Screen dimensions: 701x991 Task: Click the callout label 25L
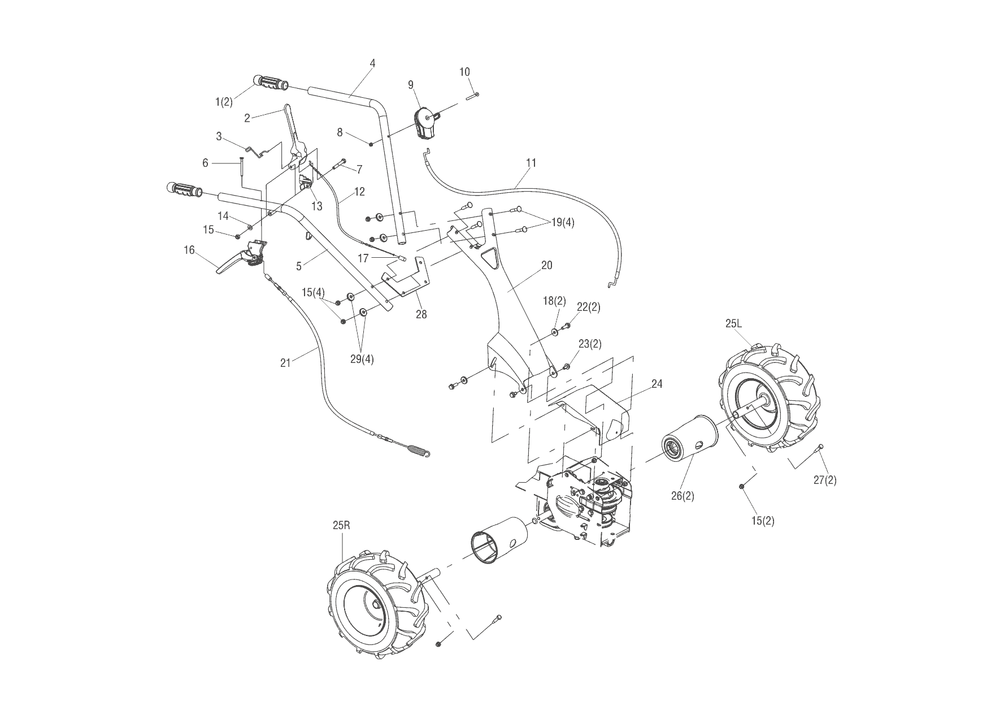point(733,324)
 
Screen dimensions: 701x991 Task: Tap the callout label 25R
point(341,525)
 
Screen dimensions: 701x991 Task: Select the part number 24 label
point(657,384)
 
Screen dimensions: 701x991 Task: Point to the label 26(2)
point(683,496)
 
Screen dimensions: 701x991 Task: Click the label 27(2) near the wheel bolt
point(825,480)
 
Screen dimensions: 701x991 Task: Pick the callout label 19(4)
point(562,222)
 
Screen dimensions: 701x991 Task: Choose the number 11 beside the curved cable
point(531,163)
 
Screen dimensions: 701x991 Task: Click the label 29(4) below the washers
point(362,359)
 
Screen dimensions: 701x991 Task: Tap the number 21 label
point(285,363)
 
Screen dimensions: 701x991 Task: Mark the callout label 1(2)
point(224,102)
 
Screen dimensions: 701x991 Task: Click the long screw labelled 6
point(242,169)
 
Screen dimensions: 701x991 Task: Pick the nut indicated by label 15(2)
point(741,486)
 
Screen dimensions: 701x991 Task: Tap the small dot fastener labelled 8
point(371,145)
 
